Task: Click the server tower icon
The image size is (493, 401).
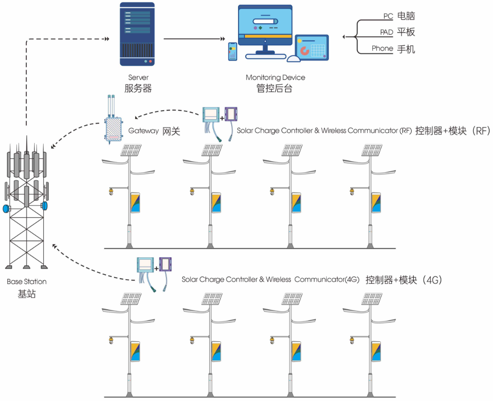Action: [137, 34]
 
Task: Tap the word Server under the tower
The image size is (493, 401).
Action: [138, 78]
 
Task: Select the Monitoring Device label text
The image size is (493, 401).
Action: [275, 78]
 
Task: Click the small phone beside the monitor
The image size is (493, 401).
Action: [233, 51]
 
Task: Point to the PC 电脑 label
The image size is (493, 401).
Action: [399, 16]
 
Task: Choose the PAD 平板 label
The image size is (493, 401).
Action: [397, 32]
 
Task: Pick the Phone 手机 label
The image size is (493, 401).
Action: [393, 48]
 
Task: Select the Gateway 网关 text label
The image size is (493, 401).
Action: [154, 131]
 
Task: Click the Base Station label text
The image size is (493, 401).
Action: [27, 282]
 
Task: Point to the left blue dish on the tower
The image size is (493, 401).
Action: [6, 209]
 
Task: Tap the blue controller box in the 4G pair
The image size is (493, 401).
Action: [145, 265]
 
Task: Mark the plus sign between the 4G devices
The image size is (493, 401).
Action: [156, 269]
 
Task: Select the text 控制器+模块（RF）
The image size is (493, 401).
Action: [452, 131]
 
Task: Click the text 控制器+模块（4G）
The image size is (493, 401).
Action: [404, 280]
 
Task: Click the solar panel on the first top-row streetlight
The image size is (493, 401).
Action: [131, 150]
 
